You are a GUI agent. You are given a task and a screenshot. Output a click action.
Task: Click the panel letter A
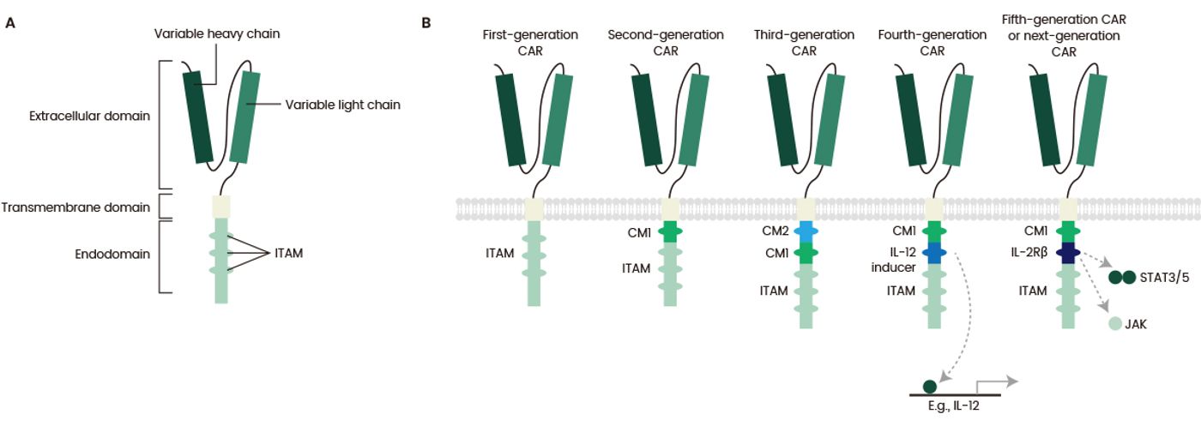tap(9, 23)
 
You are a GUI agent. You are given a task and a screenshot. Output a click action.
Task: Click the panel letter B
tap(426, 23)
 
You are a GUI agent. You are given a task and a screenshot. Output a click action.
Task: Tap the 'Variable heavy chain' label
tap(216, 33)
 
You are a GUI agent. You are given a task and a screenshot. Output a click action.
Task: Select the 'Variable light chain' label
tap(342, 105)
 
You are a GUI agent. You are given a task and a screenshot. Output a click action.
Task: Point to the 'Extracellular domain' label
tap(89, 116)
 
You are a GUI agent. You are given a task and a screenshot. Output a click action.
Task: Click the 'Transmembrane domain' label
tap(75, 207)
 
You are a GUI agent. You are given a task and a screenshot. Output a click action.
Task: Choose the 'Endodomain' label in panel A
tap(112, 254)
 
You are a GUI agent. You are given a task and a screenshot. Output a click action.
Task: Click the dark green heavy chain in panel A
tap(198, 117)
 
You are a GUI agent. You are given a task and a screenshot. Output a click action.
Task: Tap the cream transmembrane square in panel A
tap(221, 206)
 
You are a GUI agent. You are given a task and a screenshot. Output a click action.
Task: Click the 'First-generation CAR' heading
tap(530, 42)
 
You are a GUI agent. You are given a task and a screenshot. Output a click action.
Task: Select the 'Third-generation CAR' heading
tap(804, 42)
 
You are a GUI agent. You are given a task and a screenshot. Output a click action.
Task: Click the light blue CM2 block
tap(806, 231)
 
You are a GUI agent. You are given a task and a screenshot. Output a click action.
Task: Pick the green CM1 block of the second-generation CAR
tap(670, 231)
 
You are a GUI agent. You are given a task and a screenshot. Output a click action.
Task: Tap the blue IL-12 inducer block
tap(934, 253)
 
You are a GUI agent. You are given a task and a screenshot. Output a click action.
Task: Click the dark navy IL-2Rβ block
tap(1068, 253)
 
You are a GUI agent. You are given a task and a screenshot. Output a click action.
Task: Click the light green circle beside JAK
tap(1114, 324)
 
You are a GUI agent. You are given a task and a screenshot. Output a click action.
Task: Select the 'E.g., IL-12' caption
tap(953, 405)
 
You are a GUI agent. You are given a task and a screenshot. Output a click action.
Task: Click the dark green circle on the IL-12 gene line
tap(930, 387)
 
